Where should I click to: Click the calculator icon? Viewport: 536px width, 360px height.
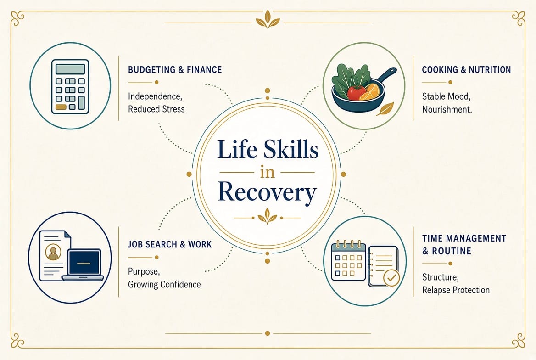70,87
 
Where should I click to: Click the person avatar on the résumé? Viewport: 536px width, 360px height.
53,253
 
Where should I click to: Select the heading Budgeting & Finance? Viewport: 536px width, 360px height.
175,70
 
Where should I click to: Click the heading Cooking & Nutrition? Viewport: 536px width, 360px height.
466,70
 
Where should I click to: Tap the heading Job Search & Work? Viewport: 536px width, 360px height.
170,244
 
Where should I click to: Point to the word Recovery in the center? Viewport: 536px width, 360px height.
268,193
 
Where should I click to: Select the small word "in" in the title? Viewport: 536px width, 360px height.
268,172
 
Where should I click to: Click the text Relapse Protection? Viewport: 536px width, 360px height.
456,290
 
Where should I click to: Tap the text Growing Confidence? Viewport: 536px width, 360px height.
164,285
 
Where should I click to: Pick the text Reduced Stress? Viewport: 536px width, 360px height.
156,109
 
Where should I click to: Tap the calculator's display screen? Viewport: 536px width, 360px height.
70,69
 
